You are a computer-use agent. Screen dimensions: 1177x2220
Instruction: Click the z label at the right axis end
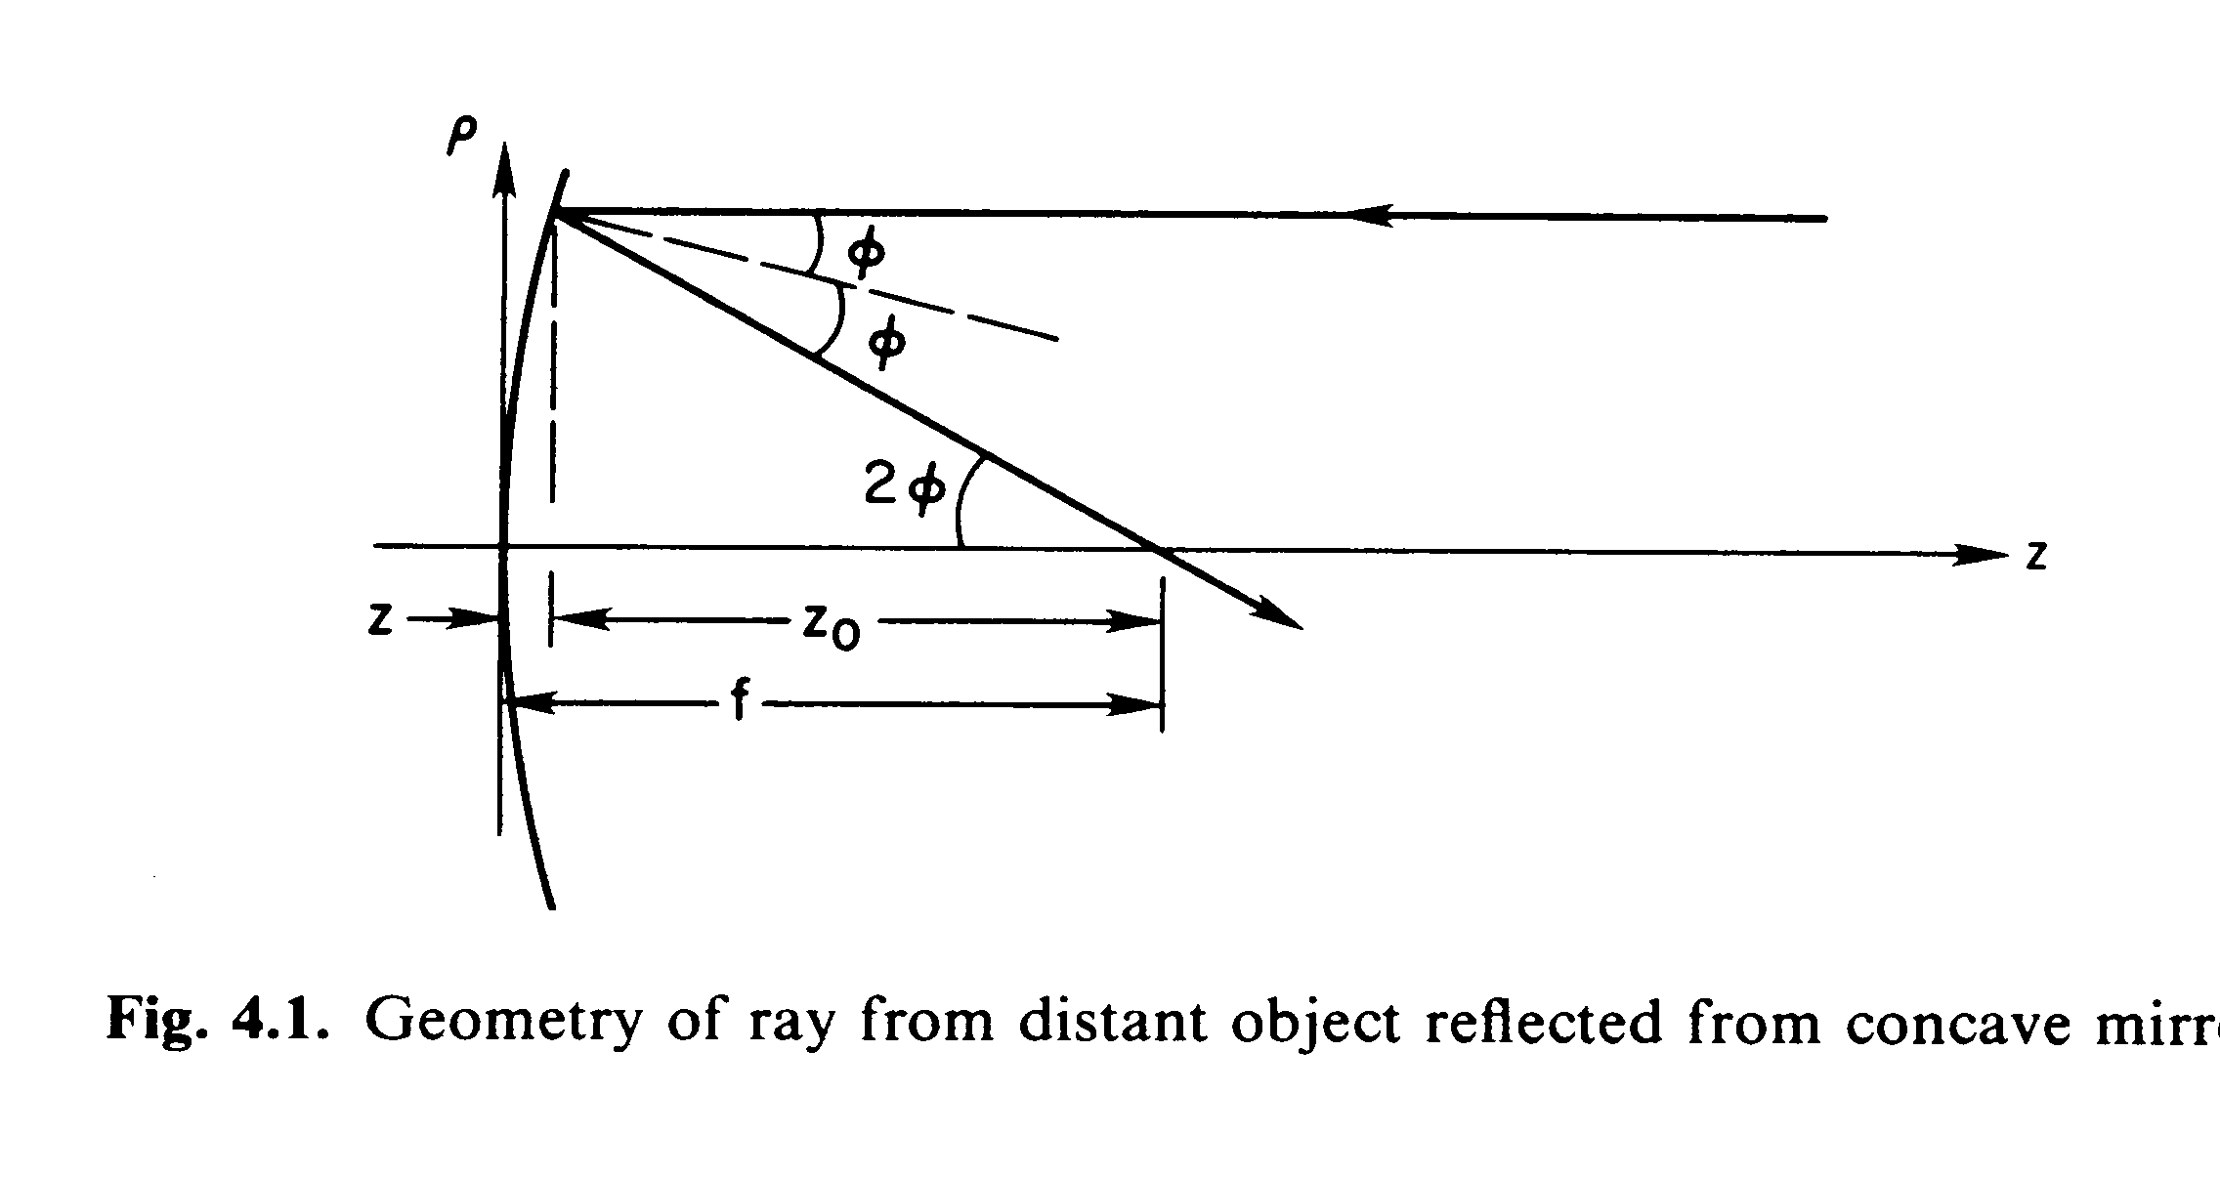point(2036,555)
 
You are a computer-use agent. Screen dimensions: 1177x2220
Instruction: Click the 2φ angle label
point(905,486)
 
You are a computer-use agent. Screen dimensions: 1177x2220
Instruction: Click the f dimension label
point(739,703)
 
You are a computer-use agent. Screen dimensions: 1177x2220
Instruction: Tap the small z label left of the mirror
point(380,620)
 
